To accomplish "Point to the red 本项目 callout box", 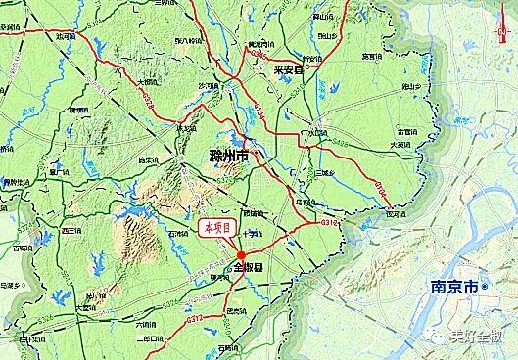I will point(216,227).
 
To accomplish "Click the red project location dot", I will point(241,255).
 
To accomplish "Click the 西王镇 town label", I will point(71,231).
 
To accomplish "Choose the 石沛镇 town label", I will point(177,235).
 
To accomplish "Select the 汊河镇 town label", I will point(394,212).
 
